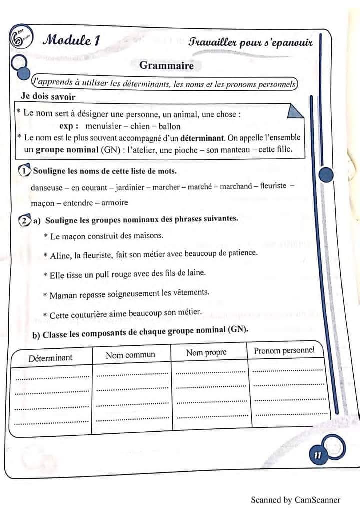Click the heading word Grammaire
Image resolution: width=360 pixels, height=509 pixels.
click(x=167, y=65)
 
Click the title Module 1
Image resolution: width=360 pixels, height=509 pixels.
click(x=70, y=41)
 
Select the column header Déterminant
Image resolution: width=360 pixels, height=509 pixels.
click(x=50, y=358)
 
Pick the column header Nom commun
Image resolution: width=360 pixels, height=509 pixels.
click(x=130, y=355)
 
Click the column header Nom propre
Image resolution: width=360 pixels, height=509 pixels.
click(x=206, y=352)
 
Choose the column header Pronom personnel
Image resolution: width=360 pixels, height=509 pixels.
click(x=284, y=350)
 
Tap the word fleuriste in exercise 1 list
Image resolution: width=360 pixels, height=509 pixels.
click(x=270, y=186)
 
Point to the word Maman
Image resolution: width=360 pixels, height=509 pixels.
click(x=63, y=295)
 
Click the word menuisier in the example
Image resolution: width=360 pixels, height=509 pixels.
click(x=103, y=126)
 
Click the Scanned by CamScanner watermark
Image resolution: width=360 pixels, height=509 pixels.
click(x=295, y=499)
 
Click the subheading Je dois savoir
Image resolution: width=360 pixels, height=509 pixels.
click(x=48, y=96)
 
